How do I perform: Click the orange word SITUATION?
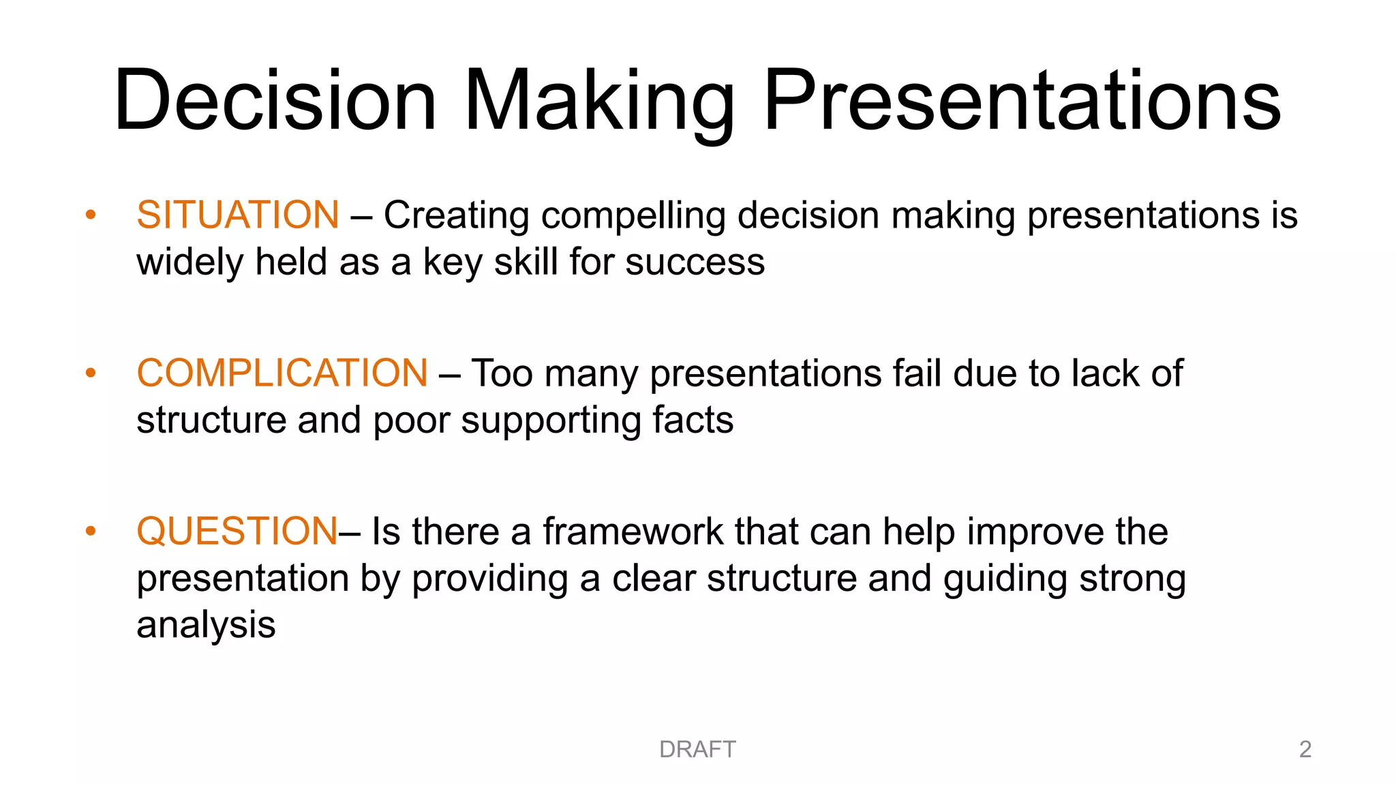[238, 215]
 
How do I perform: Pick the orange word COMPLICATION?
[282, 373]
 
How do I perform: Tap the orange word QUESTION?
[237, 532]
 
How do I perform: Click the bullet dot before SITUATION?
[91, 215]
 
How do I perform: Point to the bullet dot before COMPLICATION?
[91, 373]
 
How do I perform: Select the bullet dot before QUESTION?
[91, 532]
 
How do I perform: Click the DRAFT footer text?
[697, 750]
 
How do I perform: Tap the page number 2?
[1305, 750]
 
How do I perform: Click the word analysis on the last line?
[206, 626]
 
